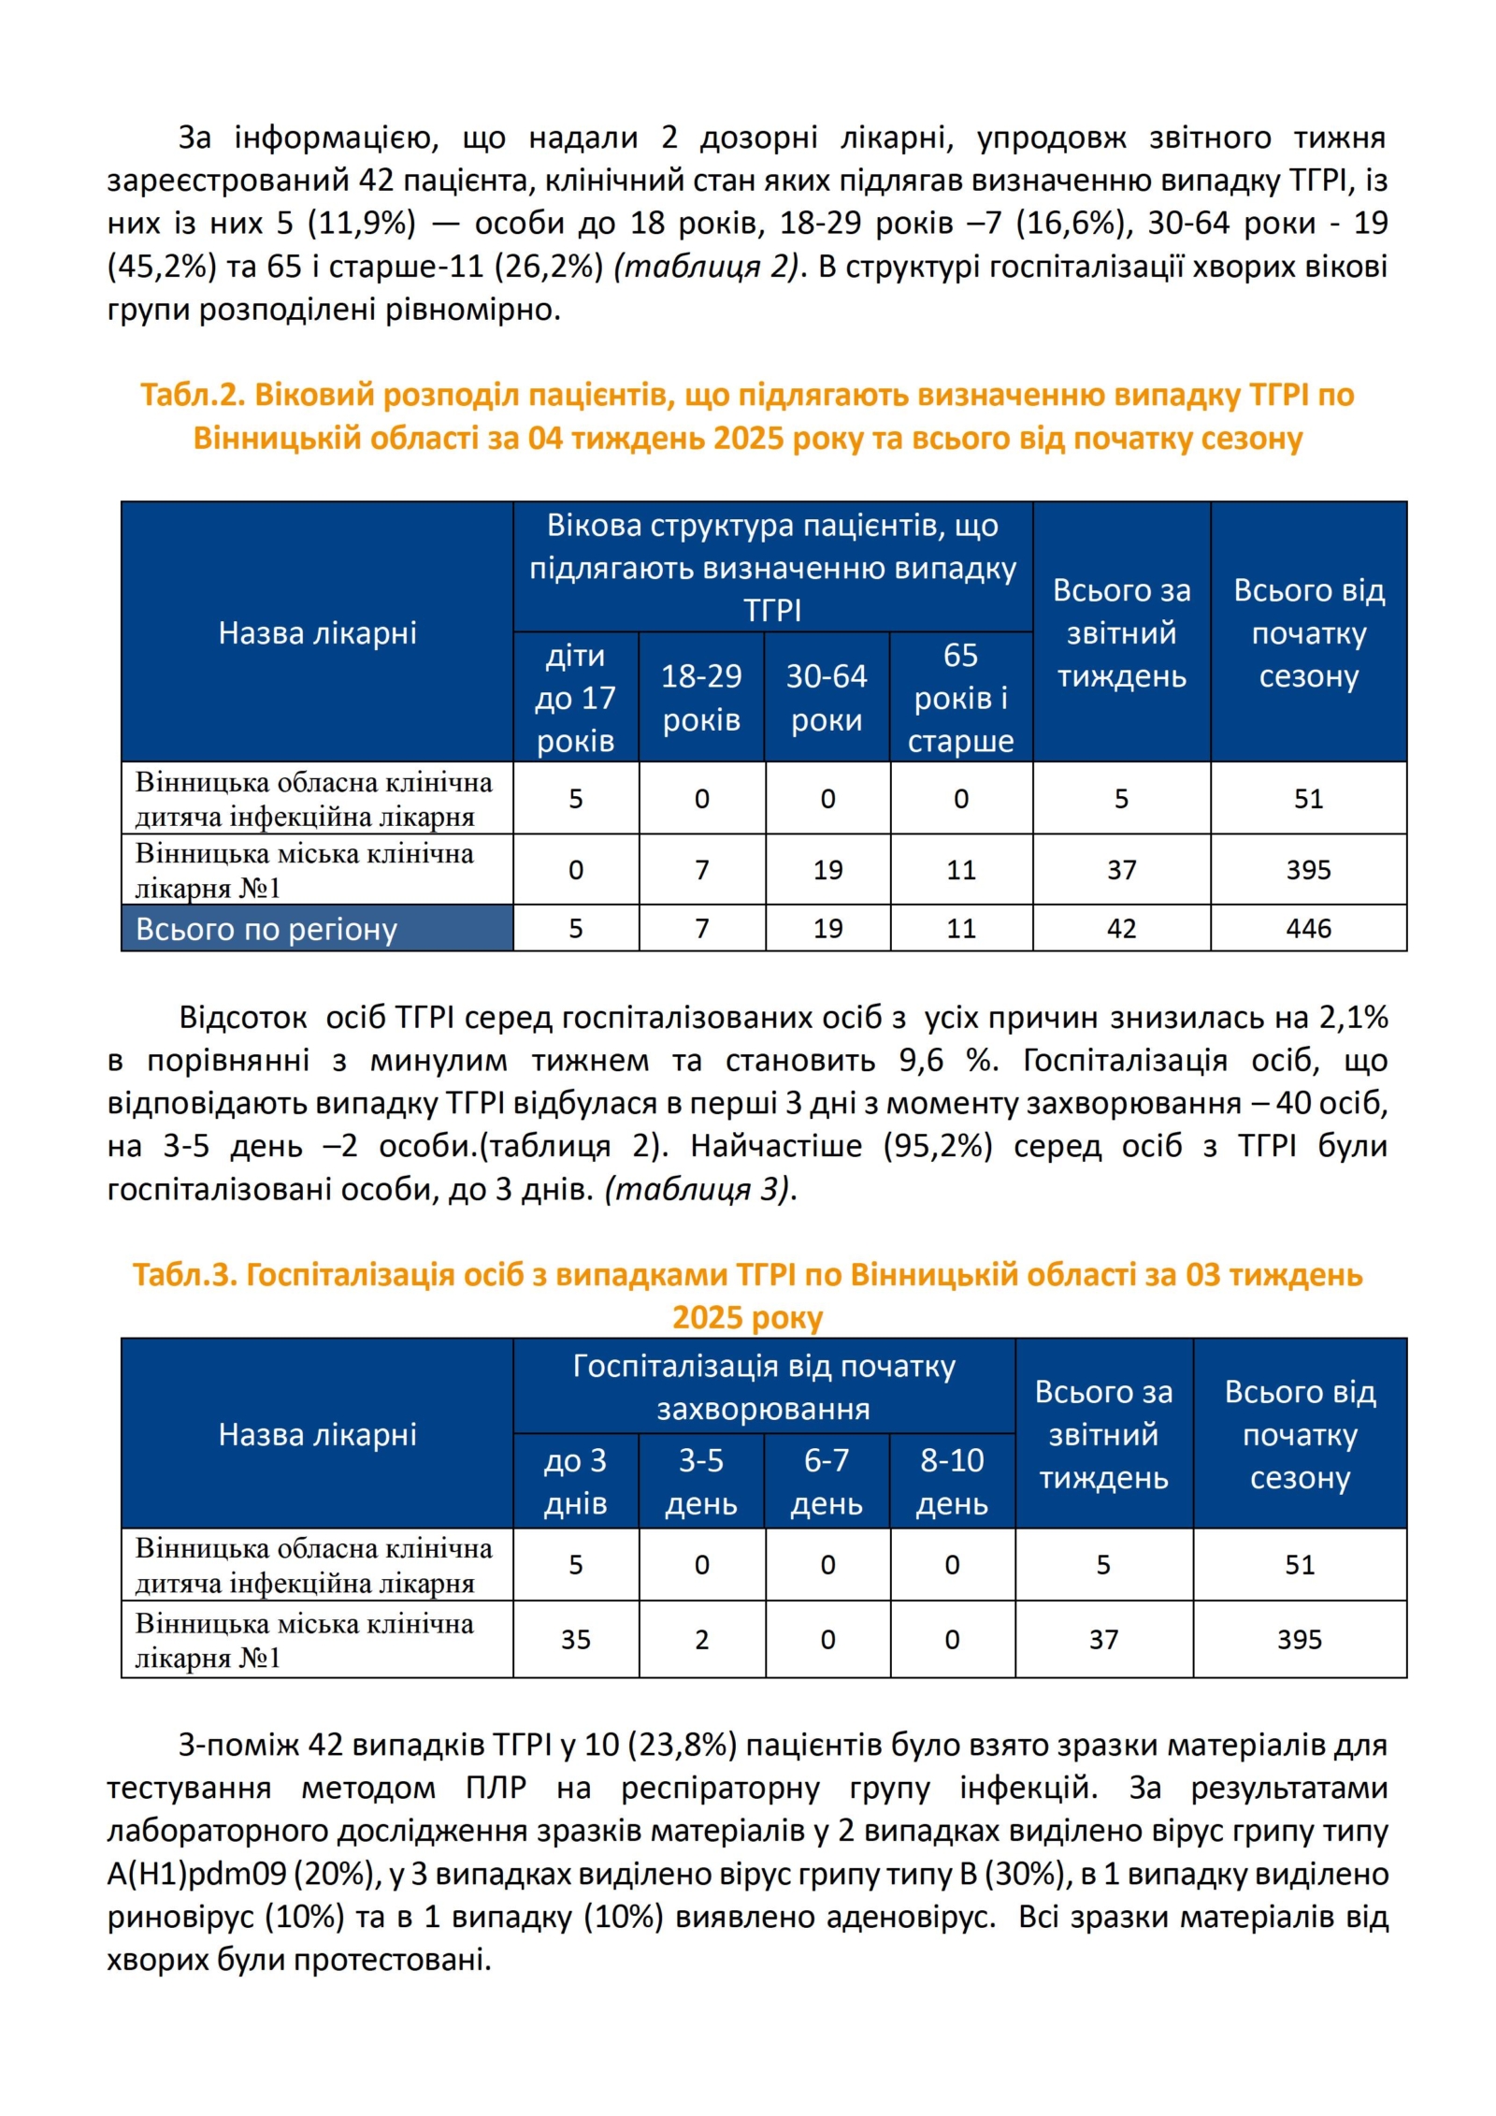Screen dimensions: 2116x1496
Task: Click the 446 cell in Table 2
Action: [x=1307, y=928]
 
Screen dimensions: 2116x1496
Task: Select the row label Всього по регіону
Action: [x=266, y=929]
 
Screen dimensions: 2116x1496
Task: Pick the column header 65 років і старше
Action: [x=960, y=697]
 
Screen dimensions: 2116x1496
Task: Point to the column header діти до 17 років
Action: [x=575, y=697]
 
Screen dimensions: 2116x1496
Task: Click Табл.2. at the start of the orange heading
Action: [x=192, y=395]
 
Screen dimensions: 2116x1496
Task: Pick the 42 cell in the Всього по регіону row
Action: [x=1121, y=928]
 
